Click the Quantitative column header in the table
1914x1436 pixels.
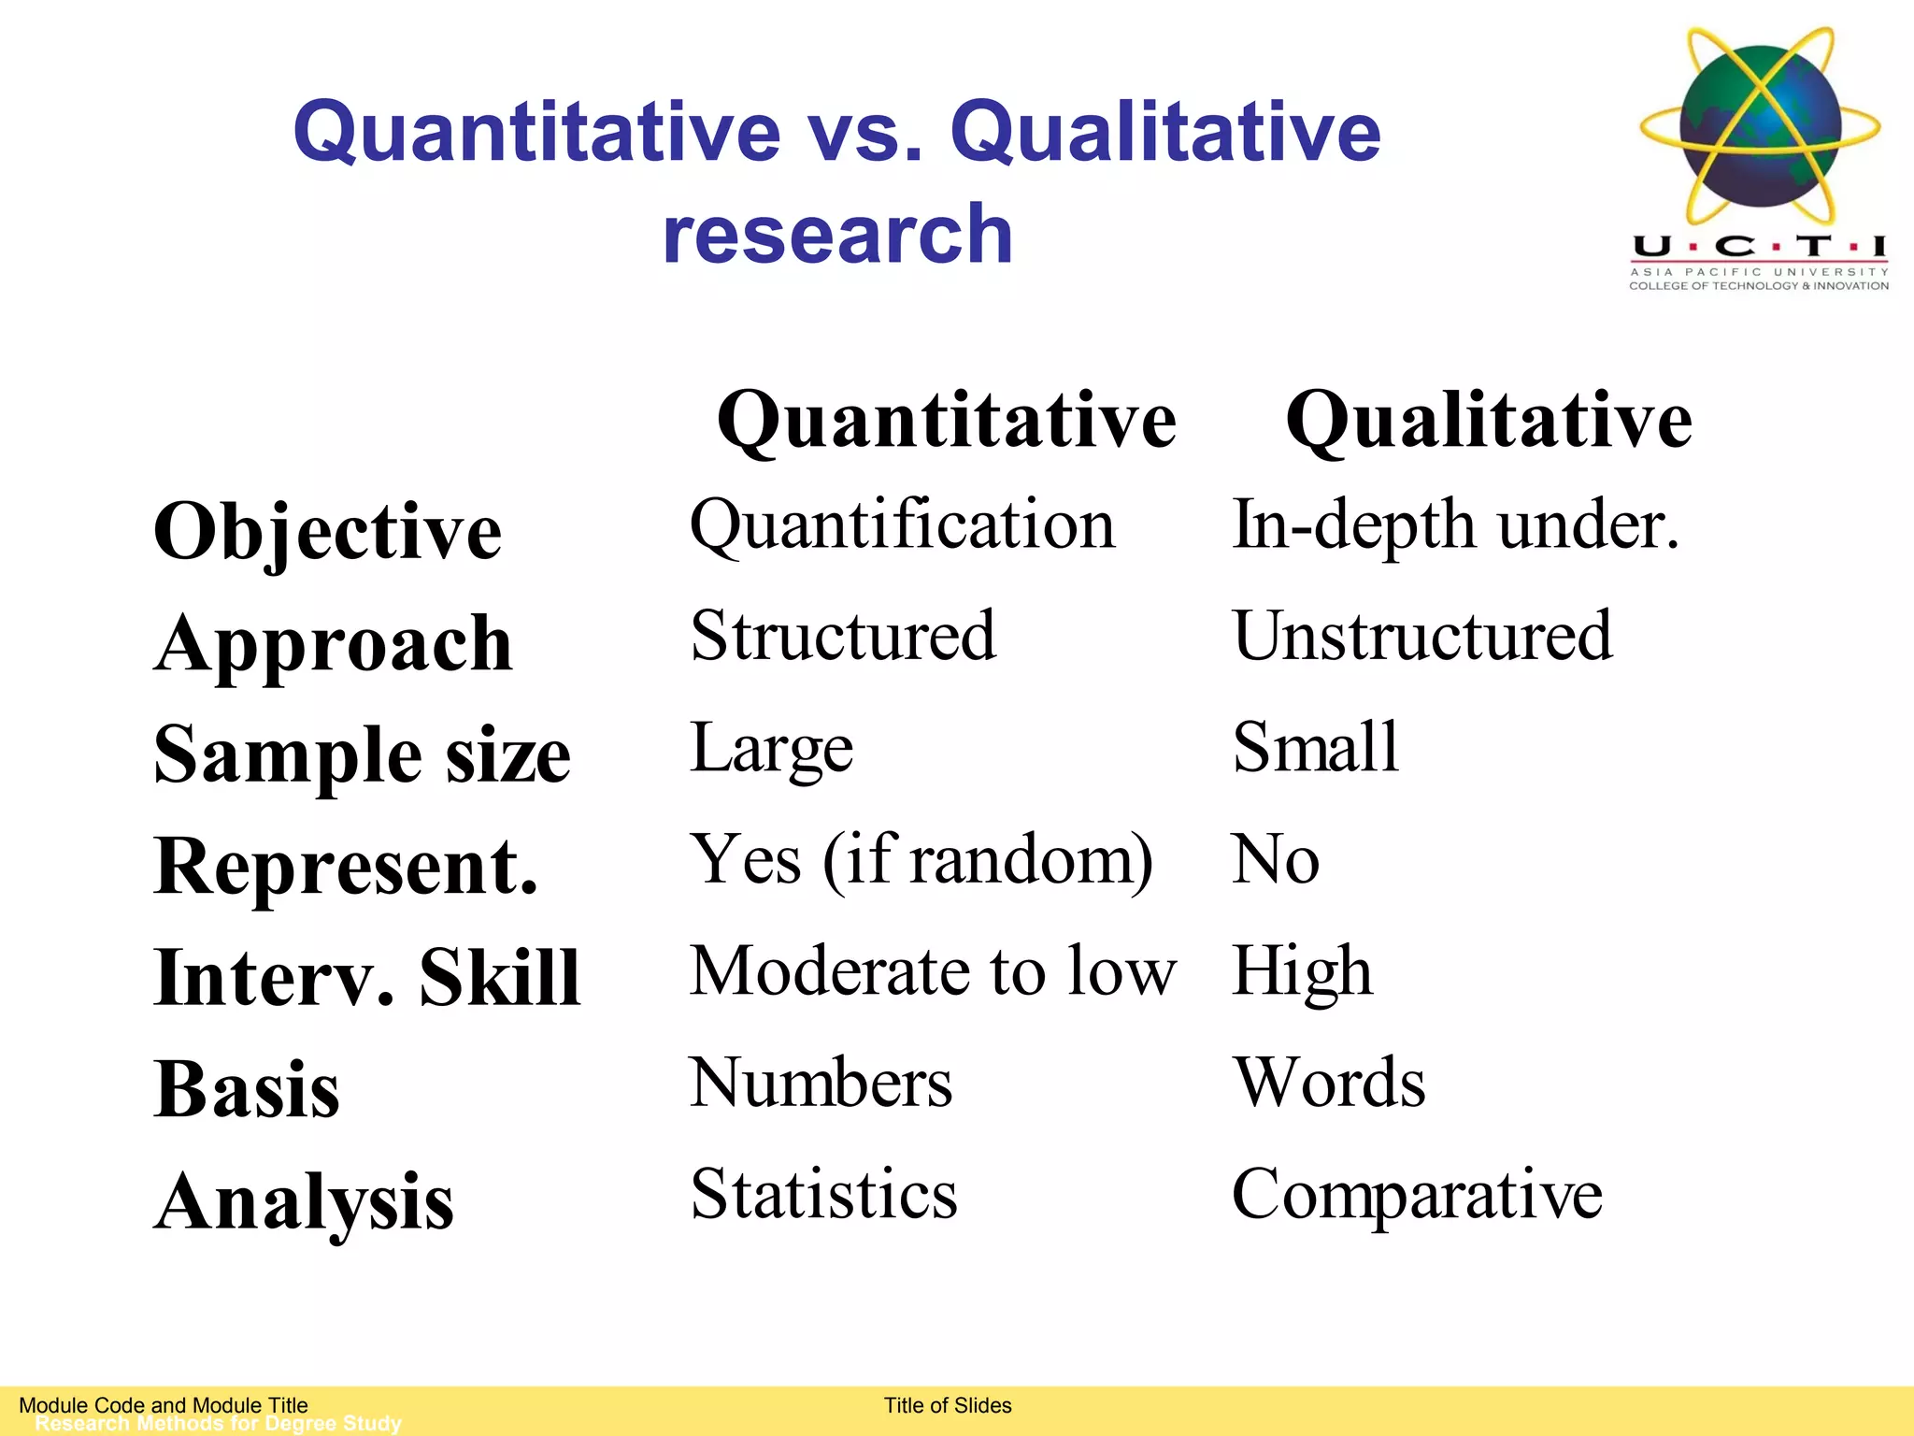point(946,421)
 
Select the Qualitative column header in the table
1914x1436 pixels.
point(1488,421)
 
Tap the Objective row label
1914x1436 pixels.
point(328,532)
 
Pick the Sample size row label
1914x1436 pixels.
point(362,754)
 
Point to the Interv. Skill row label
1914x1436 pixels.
point(367,977)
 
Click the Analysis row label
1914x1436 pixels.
point(305,1201)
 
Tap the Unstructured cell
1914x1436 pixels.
point(1421,636)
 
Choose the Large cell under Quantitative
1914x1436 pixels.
point(771,748)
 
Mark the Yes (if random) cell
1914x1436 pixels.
point(921,859)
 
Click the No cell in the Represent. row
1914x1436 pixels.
point(1276,859)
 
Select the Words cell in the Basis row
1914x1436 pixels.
point(1328,1083)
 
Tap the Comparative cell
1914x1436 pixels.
point(1417,1194)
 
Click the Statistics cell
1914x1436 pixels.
point(823,1194)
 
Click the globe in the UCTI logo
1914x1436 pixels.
point(1760,126)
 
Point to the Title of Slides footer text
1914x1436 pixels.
point(948,1405)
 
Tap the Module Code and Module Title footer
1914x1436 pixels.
point(164,1405)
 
